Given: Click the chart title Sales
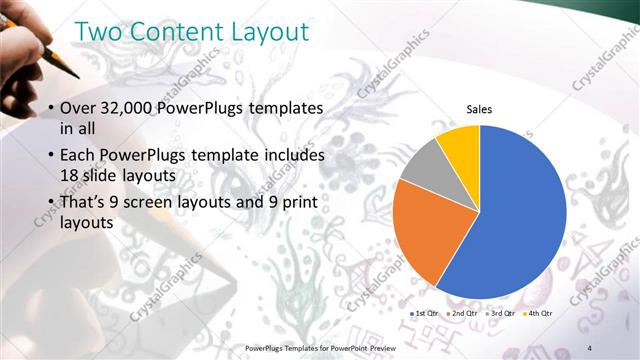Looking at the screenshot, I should point(480,109).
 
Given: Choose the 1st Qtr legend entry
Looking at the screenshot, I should point(424,313).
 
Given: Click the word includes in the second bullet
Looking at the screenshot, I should point(290,156).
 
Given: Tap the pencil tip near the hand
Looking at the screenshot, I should point(76,75).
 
